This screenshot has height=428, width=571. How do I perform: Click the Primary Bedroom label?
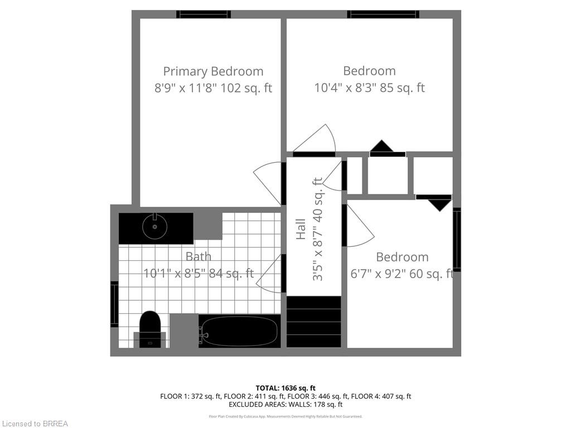click(x=213, y=71)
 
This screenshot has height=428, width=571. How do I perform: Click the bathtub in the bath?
click(x=240, y=332)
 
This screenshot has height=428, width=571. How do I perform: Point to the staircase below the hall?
click(x=313, y=322)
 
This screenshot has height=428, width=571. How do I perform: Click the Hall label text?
click(x=301, y=229)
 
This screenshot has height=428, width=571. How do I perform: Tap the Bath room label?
click(x=199, y=256)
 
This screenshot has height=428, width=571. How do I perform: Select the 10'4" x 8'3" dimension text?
click(x=369, y=88)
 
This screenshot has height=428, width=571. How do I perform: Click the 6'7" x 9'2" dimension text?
click(x=401, y=274)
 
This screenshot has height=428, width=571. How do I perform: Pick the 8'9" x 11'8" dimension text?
click(x=213, y=88)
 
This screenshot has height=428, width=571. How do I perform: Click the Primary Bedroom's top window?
click(x=204, y=14)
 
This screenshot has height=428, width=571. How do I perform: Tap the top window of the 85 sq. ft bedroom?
click(x=383, y=14)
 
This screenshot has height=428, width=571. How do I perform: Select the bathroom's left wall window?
click(x=114, y=304)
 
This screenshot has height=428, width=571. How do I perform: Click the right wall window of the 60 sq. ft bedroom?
click(x=457, y=240)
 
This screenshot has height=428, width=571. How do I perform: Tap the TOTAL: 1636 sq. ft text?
click(x=285, y=388)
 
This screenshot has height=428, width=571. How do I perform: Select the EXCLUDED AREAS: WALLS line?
click(x=285, y=405)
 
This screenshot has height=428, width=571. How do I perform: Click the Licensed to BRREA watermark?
click(x=35, y=424)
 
